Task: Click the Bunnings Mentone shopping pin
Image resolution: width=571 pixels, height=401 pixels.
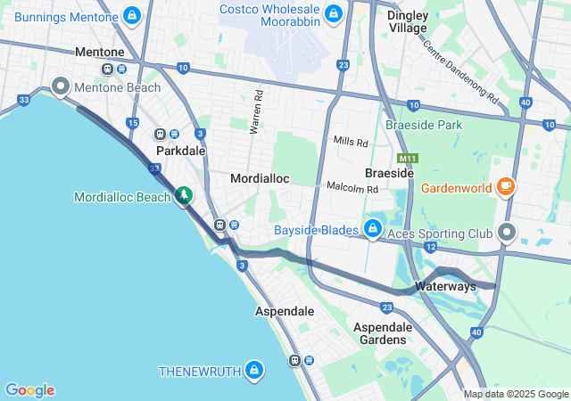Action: (132, 15)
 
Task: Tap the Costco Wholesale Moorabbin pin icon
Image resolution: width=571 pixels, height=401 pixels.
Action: (333, 13)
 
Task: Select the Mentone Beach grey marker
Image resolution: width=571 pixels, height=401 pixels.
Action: (62, 86)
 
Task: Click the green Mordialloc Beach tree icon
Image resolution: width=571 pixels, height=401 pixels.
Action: (184, 194)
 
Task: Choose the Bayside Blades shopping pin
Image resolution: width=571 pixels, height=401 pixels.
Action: (373, 229)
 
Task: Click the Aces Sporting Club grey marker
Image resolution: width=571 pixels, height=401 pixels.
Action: (507, 233)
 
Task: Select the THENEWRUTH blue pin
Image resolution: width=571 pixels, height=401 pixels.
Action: (254, 369)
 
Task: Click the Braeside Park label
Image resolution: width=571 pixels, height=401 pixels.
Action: (424, 126)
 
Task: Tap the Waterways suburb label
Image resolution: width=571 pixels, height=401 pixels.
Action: (444, 287)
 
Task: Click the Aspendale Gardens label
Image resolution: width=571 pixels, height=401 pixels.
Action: (381, 332)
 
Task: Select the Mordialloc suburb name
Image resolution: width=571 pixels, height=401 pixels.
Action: (260, 178)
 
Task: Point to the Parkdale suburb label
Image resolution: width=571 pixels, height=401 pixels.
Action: (181, 151)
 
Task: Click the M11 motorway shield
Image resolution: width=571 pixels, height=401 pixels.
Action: (408, 159)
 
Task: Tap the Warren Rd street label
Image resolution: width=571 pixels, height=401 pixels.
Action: (256, 111)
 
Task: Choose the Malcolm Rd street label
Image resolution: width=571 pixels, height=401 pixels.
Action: (352, 188)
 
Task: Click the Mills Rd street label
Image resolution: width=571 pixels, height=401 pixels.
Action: (351, 142)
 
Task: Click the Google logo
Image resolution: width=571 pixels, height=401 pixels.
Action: (29, 390)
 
